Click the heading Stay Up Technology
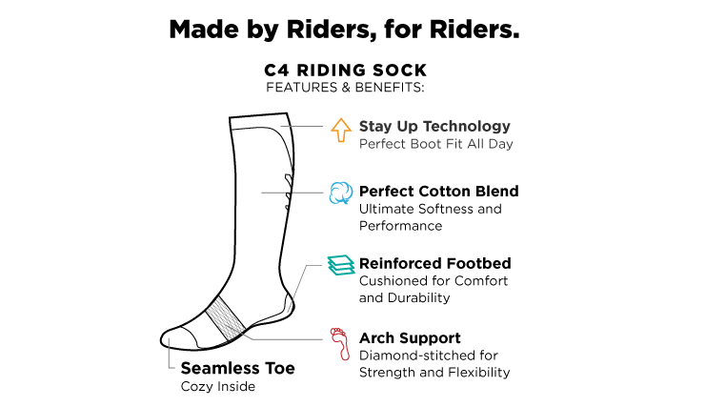point(434,126)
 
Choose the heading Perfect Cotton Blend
point(438,191)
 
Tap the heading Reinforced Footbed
point(435,263)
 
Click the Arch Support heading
point(410,337)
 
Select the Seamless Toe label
point(237,368)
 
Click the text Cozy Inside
point(218,387)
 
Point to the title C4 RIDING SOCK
point(345,71)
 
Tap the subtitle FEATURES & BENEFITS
point(345,88)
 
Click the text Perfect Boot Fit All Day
point(435,144)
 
